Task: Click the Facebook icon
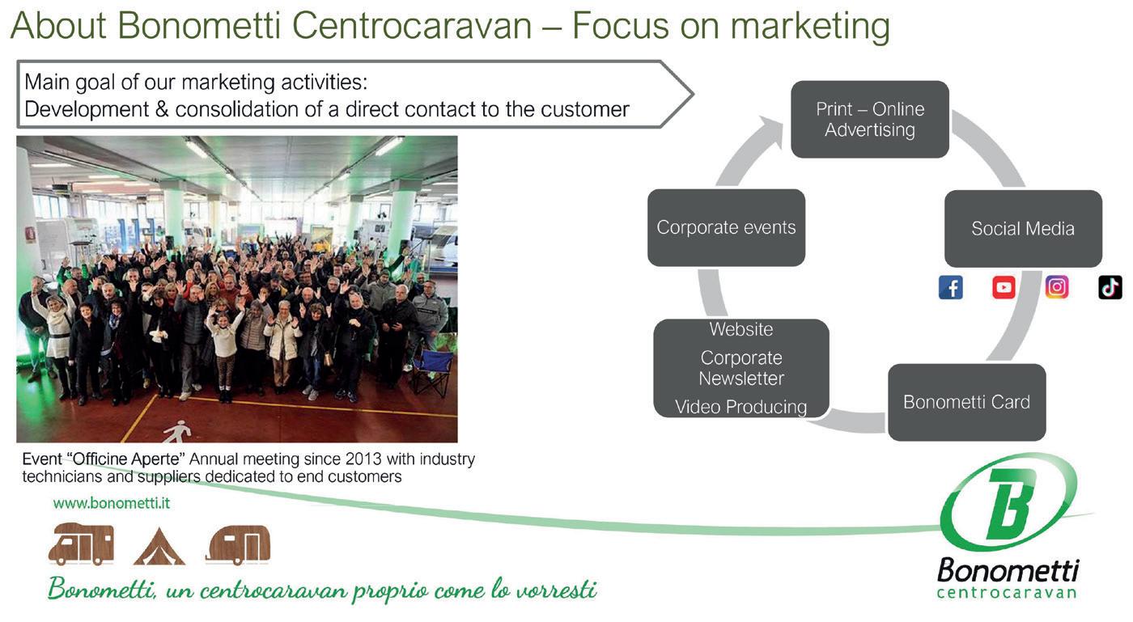[x=951, y=287]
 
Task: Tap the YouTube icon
[x=1004, y=287]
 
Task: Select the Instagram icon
[x=1057, y=287]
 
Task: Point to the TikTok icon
[x=1110, y=287]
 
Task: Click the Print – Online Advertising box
[x=870, y=120]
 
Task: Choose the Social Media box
[x=1023, y=229]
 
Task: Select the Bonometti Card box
[x=966, y=402]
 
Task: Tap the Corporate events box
[x=726, y=228]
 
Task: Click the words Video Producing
[x=740, y=407]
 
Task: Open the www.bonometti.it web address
[x=112, y=503]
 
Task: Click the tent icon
[x=159, y=547]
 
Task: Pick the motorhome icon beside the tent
[x=81, y=544]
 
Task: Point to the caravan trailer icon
[x=238, y=544]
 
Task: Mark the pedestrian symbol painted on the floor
[x=177, y=432]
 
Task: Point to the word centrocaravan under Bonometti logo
[x=1007, y=593]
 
